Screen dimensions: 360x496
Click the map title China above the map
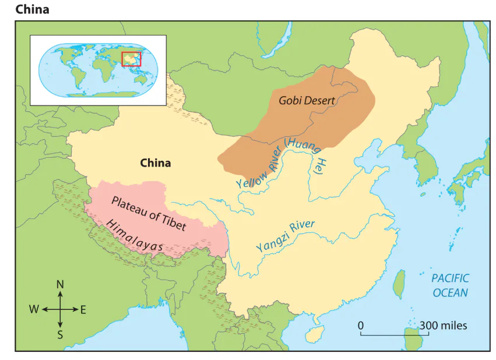click(32, 9)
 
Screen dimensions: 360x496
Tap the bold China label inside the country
click(156, 163)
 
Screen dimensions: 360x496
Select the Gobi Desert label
click(307, 100)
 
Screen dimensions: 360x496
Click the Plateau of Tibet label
click(148, 213)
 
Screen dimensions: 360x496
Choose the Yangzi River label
click(285, 235)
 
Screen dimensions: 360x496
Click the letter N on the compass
click(59, 285)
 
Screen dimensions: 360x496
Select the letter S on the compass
click(59, 334)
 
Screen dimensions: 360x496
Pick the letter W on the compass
click(34, 310)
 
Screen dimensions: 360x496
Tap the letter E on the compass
click(83, 310)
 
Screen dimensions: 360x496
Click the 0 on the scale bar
click(361, 325)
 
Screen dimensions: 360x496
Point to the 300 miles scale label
click(444, 325)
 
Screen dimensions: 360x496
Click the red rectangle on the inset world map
click(131, 59)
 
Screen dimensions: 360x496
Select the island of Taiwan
click(400, 284)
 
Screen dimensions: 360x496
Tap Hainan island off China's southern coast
click(315, 333)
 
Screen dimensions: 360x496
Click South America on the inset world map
click(74, 77)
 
